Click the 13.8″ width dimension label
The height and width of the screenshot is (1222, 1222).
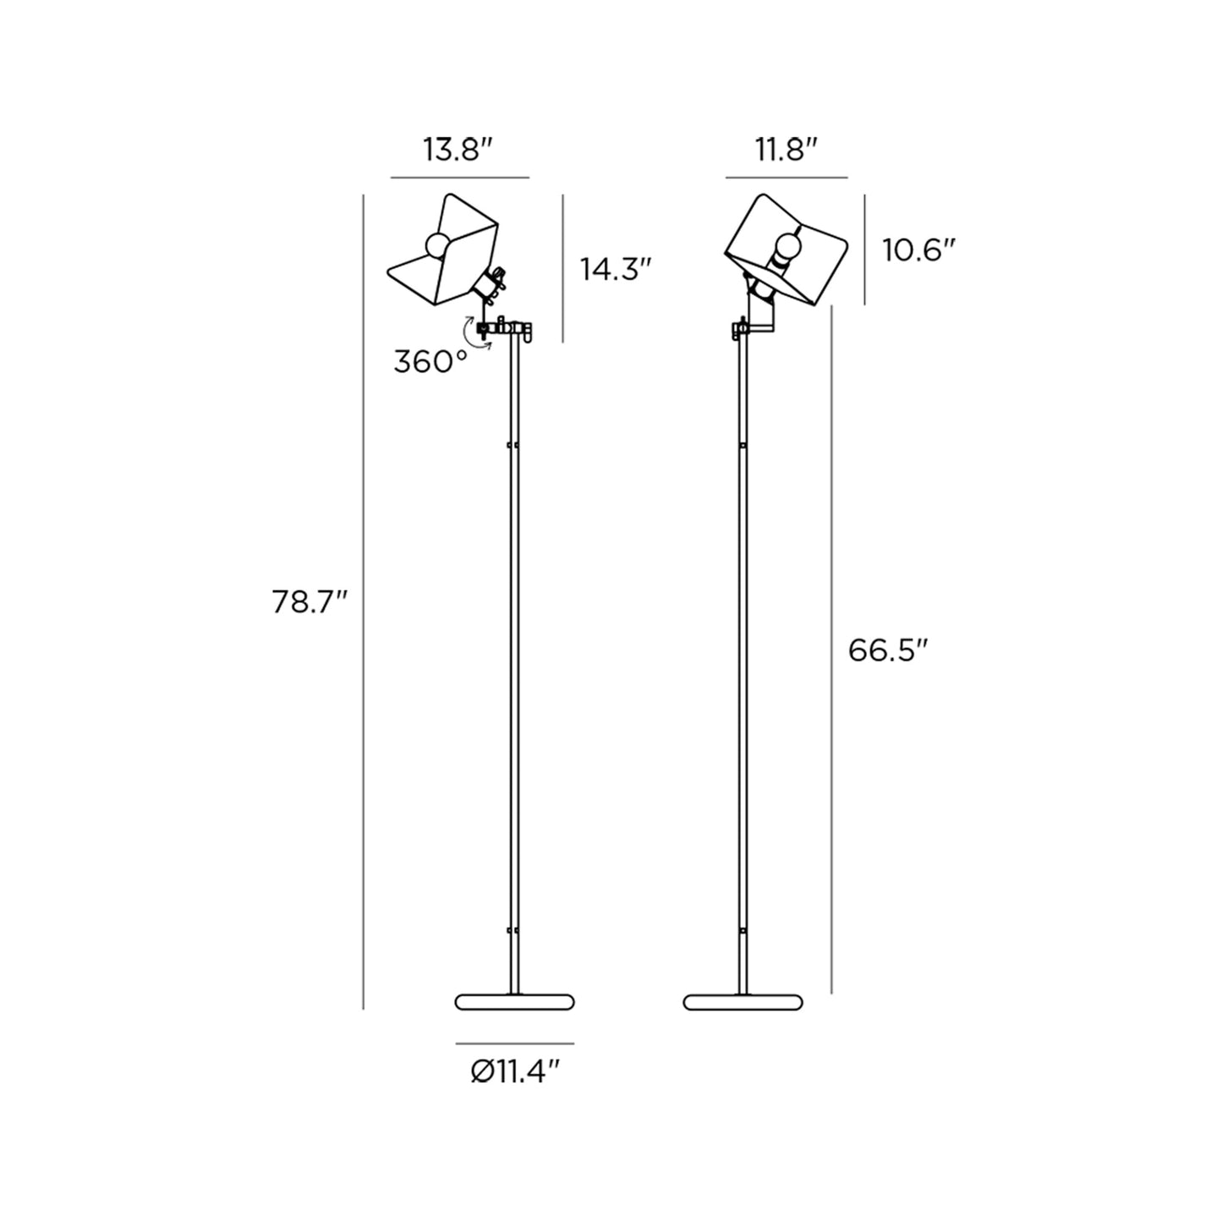tap(458, 151)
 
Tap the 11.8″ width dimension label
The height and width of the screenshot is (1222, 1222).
tap(786, 151)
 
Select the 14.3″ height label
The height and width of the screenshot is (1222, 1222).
tap(616, 269)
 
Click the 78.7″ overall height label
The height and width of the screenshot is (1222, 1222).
tap(310, 602)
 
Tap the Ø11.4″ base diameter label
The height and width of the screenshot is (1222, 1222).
tap(516, 1072)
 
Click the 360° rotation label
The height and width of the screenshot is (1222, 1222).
tap(430, 362)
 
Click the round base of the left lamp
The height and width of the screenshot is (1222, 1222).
tap(514, 1002)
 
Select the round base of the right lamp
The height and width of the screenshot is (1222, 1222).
tap(743, 1002)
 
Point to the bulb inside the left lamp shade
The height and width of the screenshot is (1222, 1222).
tap(437, 244)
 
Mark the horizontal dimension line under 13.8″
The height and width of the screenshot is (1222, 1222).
tap(459, 178)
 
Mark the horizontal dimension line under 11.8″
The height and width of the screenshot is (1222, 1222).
tap(786, 178)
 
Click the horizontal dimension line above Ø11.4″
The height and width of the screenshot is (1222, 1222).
tap(514, 1044)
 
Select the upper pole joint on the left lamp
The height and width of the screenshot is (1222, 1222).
tap(513, 444)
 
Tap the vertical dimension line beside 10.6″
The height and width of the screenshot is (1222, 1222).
tap(864, 249)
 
